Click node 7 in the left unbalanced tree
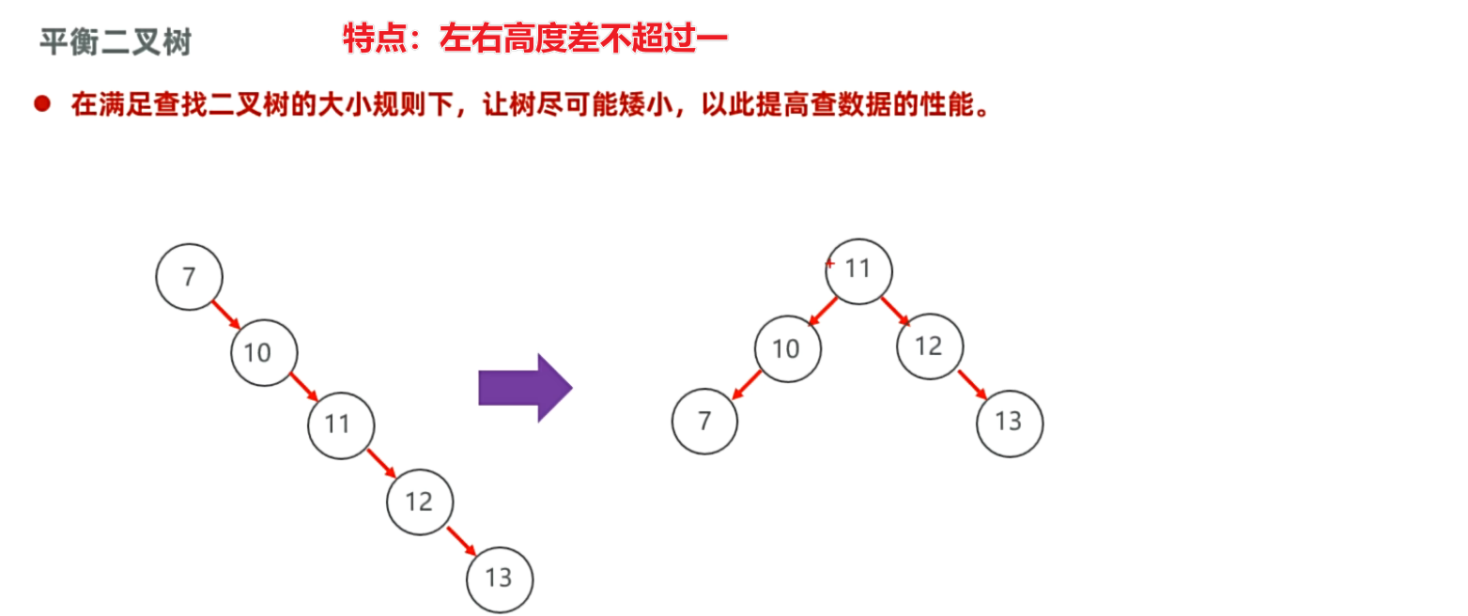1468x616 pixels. (x=189, y=277)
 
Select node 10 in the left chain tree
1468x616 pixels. (x=264, y=352)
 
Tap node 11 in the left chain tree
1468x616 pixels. (x=341, y=424)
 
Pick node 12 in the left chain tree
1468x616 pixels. (x=420, y=500)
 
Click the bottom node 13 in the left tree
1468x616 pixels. (x=500, y=578)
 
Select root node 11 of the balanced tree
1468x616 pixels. (x=858, y=270)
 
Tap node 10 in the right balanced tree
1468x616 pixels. (x=787, y=348)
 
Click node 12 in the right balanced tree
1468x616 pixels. (x=930, y=346)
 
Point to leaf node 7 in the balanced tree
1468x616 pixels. (x=704, y=423)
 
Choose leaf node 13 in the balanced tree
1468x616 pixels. (x=1010, y=423)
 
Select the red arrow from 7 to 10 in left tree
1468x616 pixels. (x=226, y=315)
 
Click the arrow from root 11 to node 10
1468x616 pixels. (x=822, y=312)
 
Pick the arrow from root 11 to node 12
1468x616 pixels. (x=896, y=311)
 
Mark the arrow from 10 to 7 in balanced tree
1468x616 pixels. (x=747, y=384)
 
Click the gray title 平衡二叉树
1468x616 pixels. (x=116, y=42)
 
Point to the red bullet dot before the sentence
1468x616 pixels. (x=41, y=104)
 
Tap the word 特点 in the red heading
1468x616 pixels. (x=373, y=38)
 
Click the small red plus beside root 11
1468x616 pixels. (x=829, y=265)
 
